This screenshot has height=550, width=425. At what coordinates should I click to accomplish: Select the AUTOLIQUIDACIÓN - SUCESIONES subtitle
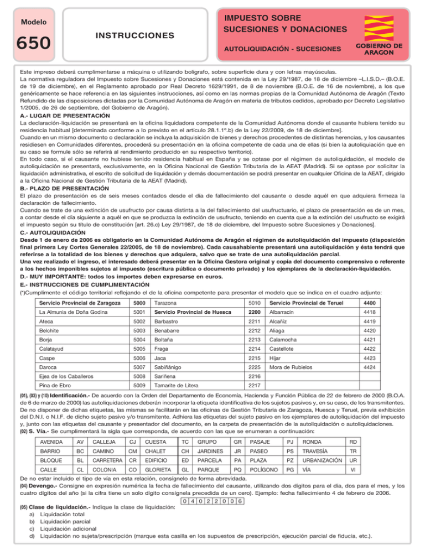[281, 49]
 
